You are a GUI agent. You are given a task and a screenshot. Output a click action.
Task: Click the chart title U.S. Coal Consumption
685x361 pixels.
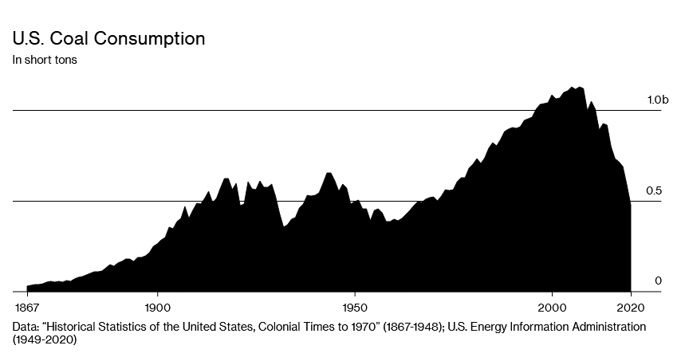[108, 38]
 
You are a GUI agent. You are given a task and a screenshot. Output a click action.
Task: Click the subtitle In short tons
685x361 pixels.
[44, 60]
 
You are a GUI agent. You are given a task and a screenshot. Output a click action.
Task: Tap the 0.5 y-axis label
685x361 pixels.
[655, 190]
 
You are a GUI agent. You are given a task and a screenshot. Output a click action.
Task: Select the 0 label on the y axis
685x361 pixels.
[659, 281]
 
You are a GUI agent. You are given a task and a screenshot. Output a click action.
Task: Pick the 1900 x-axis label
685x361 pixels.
[157, 307]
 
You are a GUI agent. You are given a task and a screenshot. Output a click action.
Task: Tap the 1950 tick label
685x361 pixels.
[354, 307]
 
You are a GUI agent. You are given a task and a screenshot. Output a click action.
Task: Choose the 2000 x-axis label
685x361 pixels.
[552, 307]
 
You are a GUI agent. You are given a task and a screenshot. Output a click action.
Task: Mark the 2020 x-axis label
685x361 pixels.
[631, 307]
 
